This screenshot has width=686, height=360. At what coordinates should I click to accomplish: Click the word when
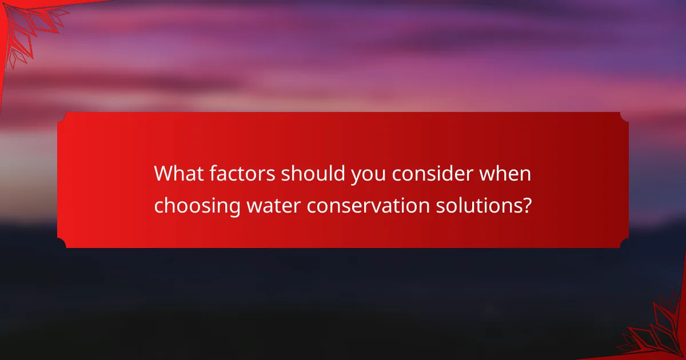(505, 174)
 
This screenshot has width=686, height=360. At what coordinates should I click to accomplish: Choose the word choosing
(197, 206)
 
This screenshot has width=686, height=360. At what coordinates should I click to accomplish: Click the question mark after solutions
(520, 205)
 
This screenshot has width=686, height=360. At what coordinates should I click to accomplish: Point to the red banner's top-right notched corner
(624, 117)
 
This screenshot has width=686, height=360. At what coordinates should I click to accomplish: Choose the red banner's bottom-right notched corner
(624, 243)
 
